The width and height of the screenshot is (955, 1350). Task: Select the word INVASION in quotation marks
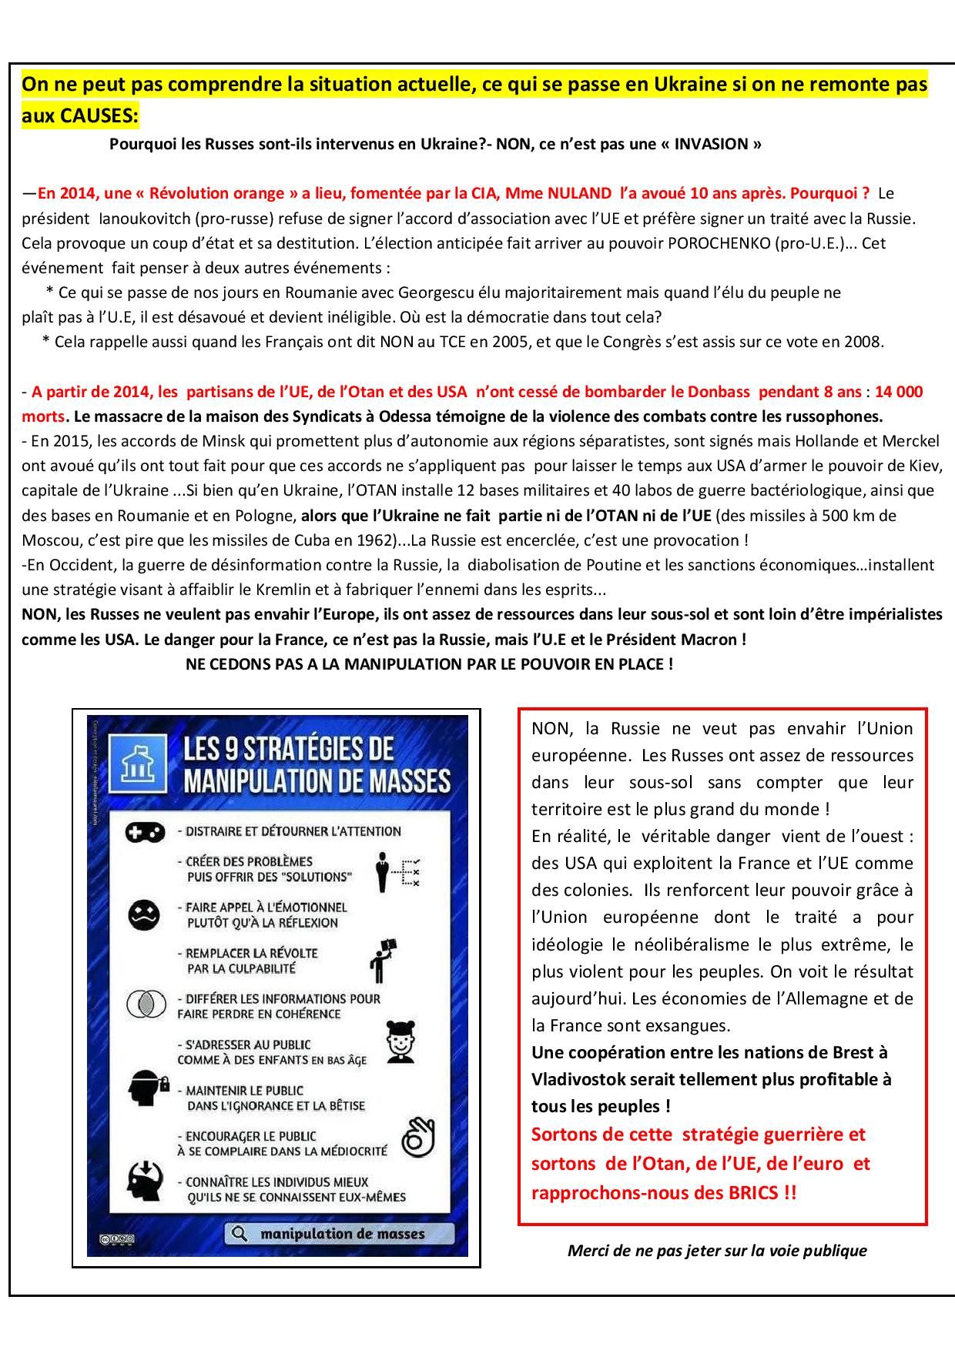tap(713, 144)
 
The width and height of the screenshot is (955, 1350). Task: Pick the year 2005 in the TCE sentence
tap(487, 342)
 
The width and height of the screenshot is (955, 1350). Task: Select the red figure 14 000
tap(899, 392)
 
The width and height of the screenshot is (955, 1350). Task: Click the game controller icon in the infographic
tap(146, 831)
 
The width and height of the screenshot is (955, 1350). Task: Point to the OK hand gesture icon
tap(418, 1138)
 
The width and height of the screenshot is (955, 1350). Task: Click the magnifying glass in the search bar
tap(240, 1234)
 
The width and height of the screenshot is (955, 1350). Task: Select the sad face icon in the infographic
tap(144, 914)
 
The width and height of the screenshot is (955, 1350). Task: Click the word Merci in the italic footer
tap(588, 1251)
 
